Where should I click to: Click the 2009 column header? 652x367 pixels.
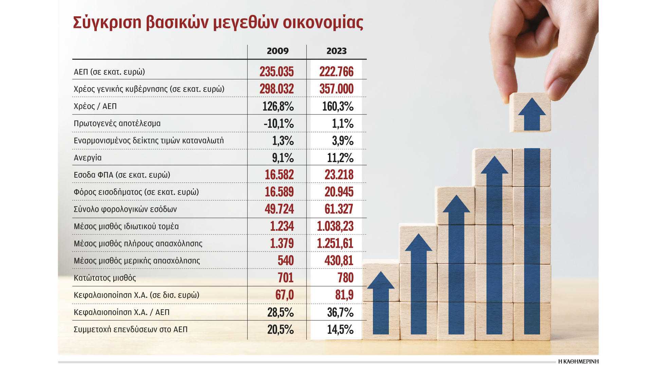click(277, 51)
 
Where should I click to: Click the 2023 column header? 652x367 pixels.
click(336, 51)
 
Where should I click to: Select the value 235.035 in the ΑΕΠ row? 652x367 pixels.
click(276, 72)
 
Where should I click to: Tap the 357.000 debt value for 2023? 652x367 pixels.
click(336, 89)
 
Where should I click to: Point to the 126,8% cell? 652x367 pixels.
click(278, 106)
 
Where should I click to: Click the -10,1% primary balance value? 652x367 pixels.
click(278, 124)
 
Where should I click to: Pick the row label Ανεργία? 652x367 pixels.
click(88, 158)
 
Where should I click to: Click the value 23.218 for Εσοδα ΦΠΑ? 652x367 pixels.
click(339, 175)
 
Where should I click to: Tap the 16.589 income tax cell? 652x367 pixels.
click(279, 192)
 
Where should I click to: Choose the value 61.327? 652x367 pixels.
click(339, 209)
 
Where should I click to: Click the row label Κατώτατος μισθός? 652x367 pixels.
click(105, 278)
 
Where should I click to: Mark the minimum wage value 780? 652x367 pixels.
click(345, 278)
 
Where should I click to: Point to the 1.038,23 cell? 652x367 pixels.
click(335, 226)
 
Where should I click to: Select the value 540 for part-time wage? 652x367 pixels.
click(286, 261)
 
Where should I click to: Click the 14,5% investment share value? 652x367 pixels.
click(340, 330)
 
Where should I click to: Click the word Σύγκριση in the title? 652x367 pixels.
click(107, 22)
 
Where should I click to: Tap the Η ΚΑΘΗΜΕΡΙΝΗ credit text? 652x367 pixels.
click(578, 361)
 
